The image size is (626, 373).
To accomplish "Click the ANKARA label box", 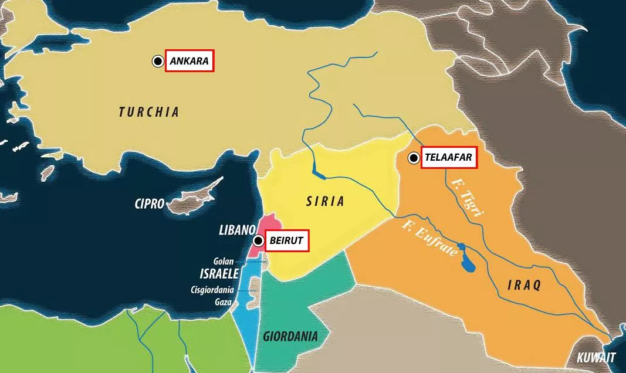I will click(190, 61).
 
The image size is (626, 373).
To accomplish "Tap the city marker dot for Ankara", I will click(158, 61).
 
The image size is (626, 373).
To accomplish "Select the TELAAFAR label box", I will click(448, 158).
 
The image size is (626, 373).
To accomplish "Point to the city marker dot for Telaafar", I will click(414, 158).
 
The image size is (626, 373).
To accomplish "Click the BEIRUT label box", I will click(287, 240).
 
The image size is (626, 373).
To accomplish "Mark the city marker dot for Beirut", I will click(258, 240).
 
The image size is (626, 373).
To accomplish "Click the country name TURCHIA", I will click(148, 112).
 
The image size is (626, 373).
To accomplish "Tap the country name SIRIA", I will click(325, 202).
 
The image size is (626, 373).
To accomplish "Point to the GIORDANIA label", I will click(290, 337).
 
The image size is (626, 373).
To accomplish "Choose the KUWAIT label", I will click(596, 357).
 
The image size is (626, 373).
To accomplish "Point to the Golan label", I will click(224, 262).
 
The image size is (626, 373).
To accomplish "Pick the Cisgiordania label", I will click(212, 290).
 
